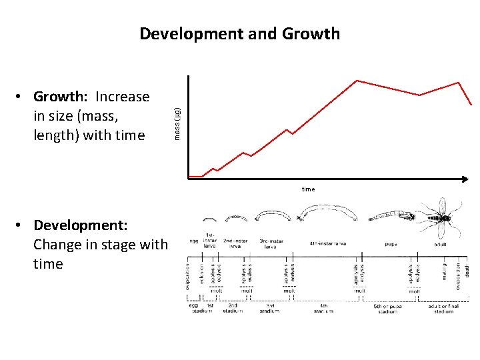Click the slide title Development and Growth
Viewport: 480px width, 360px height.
(x=239, y=33)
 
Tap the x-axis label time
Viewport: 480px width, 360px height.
(x=308, y=189)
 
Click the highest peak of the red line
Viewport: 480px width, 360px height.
(x=357, y=81)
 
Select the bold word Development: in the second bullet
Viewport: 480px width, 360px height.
(x=81, y=225)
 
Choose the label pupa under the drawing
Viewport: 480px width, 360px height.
(x=391, y=244)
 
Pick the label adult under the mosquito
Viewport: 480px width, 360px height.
(x=441, y=244)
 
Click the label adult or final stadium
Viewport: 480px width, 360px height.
(x=443, y=308)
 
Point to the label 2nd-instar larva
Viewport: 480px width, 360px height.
(x=237, y=243)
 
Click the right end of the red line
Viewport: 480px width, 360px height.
(x=472, y=105)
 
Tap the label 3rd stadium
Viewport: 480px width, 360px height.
(x=269, y=308)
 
